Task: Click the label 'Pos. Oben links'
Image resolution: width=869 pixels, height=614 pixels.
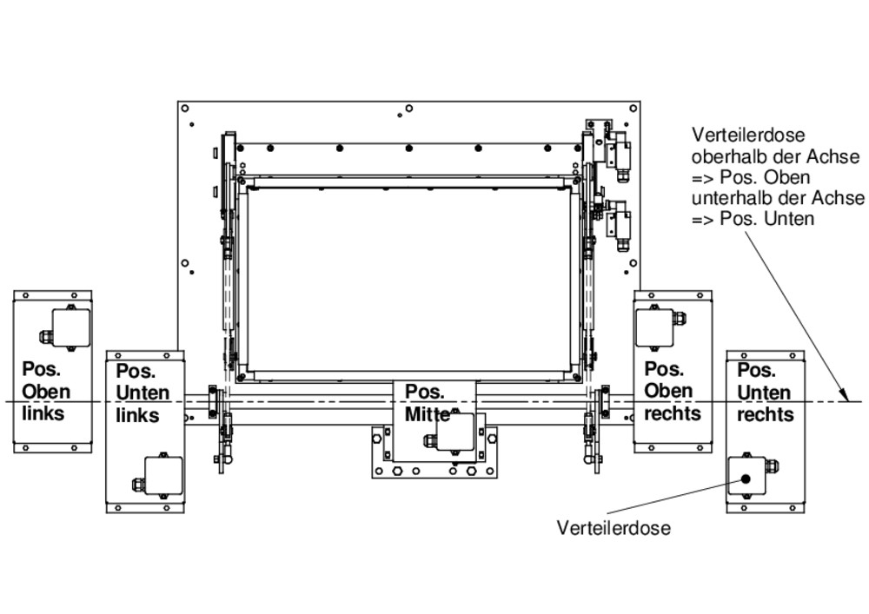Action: tap(43, 391)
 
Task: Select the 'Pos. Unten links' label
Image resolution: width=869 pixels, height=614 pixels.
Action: tap(137, 393)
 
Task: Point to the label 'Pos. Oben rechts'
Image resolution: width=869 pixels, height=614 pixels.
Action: tap(672, 391)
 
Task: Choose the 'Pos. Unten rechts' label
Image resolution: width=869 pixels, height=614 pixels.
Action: tap(765, 393)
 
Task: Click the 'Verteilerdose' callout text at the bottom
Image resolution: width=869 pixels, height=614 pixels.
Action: tap(614, 528)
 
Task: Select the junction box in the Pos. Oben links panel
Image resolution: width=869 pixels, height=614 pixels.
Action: tap(70, 327)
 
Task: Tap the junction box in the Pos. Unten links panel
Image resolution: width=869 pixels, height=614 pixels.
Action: tap(163, 476)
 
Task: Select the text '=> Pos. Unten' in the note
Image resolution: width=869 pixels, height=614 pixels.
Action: tap(753, 219)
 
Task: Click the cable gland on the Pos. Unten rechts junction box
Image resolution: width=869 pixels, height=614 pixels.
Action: tap(772, 466)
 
